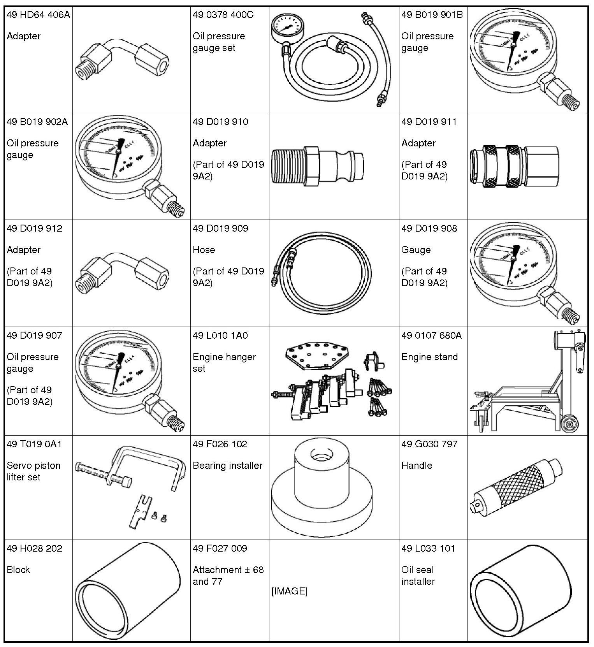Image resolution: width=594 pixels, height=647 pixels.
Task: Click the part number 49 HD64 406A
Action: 38,15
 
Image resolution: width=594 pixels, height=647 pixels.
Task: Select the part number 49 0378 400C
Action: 223,15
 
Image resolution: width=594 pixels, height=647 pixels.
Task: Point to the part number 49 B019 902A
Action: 37,122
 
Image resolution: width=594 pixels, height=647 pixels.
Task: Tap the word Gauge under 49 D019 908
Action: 416,250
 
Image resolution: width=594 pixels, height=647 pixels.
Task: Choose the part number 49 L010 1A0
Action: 220,335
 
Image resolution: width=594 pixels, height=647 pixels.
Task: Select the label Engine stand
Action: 429,357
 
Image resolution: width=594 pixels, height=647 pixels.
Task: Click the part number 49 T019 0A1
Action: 34,444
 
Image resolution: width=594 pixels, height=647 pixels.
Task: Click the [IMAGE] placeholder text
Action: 289,591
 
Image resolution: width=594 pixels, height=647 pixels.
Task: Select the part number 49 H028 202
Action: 34,548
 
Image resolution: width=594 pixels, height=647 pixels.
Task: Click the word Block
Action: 18,570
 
